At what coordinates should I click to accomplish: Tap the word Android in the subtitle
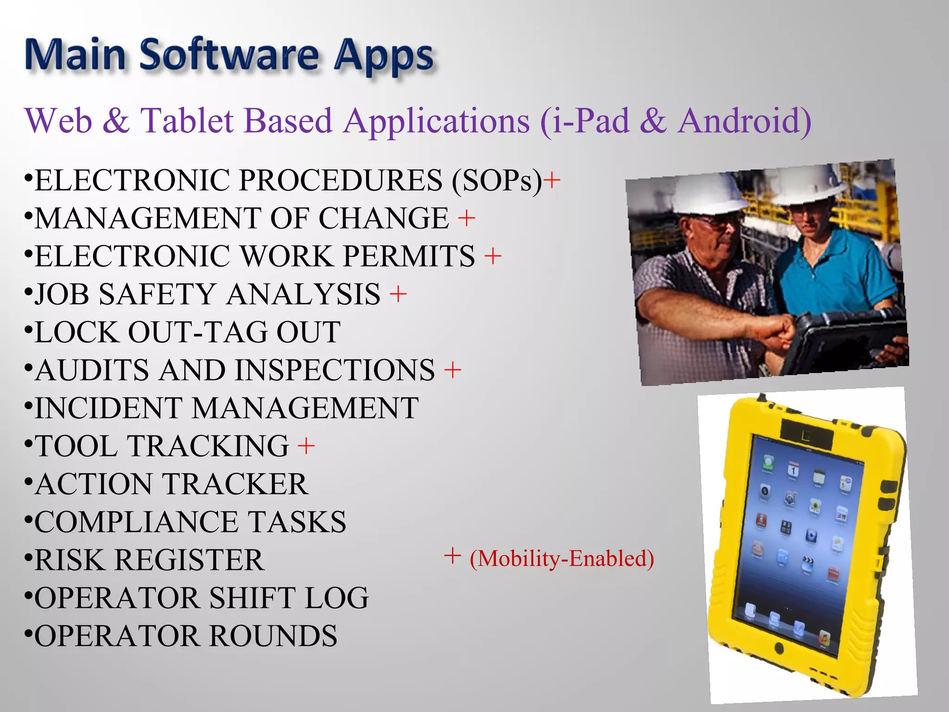744,121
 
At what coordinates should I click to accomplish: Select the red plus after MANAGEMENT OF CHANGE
467,218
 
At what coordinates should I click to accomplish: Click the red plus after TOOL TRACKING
306,446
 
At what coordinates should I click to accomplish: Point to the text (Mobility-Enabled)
562,558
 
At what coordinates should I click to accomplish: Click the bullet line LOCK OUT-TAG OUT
187,332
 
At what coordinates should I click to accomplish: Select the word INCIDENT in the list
108,408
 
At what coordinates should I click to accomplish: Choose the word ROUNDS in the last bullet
273,636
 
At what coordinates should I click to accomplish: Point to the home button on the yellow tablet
779,648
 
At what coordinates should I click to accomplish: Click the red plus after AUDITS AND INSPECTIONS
453,370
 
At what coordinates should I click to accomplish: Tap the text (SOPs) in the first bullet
496,180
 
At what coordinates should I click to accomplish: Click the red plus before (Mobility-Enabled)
452,556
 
